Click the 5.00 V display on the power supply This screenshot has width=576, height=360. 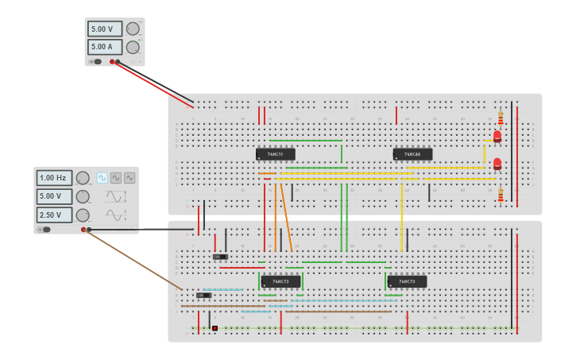click(104, 29)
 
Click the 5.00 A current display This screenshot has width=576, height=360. click(104, 47)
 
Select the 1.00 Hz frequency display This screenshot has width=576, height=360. click(54, 178)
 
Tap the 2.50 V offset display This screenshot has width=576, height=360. click(54, 215)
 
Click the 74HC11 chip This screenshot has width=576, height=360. click(275, 154)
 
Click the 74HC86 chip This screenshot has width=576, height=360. click(412, 154)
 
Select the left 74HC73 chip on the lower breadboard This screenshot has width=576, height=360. click(280, 281)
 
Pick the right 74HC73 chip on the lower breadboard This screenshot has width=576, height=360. click(407, 281)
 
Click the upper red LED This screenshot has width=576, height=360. click(497, 137)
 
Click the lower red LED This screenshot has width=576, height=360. click(497, 164)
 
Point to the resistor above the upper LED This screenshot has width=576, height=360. click(501, 118)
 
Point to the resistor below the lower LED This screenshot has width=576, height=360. click(501, 195)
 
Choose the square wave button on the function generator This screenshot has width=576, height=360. click(102, 178)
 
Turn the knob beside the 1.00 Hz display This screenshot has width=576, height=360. click(82, 178)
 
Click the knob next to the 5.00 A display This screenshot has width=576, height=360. click(133, 47)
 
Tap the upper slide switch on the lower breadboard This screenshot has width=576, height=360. click(220, 257)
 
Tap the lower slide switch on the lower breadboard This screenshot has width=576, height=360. click(203, 295)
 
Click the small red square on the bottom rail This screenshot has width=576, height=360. click(215, 327)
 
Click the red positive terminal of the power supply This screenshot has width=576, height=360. click(112, 61)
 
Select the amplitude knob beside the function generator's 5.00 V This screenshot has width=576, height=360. click(82, 196)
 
